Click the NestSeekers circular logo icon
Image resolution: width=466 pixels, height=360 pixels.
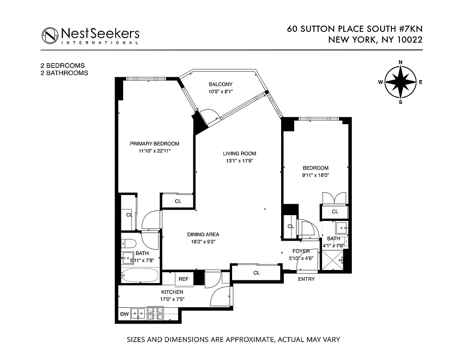[50, 35]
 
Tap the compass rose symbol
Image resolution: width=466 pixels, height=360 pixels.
[400, 82]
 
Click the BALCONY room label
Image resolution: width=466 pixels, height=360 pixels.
[220, 85]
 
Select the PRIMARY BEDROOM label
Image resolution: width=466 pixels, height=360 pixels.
[154, 144]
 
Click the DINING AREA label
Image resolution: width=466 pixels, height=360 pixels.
[203, 234]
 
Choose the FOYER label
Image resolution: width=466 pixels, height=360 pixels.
[300, 251]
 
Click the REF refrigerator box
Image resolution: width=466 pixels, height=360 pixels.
[184, 279]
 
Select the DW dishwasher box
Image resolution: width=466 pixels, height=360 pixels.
[124, 314]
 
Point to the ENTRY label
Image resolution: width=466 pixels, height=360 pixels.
[306, 279]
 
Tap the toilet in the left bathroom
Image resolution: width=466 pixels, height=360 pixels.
[129, 243]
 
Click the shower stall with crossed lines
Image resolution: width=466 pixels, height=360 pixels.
[333, 261]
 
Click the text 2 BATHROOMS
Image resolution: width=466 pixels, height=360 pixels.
[64, 73]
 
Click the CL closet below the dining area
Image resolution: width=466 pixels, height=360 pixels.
[256, 273]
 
